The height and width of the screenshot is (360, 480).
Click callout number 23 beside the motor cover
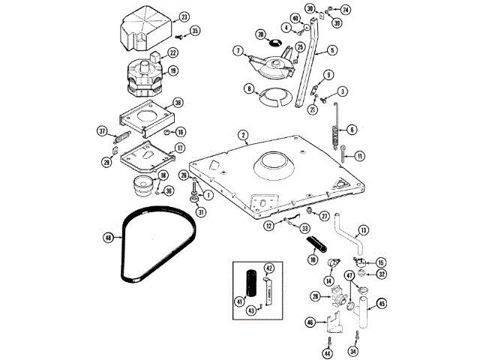[184, 16]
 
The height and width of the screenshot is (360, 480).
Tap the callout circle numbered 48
[108, 237]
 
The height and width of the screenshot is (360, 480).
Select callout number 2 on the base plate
[244, 136]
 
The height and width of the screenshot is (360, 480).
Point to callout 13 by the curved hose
[363, 230]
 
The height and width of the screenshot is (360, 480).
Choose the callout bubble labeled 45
[381, 303]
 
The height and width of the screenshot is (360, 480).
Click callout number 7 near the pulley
[238, 51]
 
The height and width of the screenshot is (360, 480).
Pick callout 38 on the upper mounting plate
[178, 103]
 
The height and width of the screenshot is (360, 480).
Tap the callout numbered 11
[360, 156]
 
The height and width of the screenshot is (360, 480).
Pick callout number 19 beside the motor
[172, 72]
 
